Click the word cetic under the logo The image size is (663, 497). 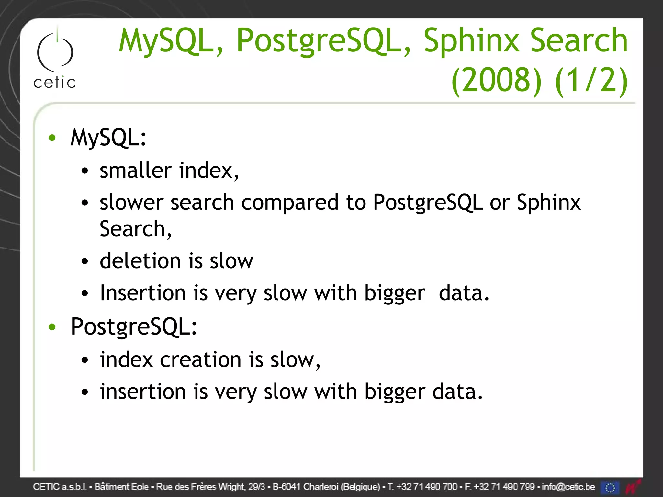coord(54,83)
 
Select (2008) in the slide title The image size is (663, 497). coord(496,81)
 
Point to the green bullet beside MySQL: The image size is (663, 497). coord(52,138)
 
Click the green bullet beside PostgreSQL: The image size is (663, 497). coord(52,327)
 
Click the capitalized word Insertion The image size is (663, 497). coord(143,293)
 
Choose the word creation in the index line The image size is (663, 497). coord(201,360)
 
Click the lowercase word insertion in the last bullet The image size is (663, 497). coord(143,392)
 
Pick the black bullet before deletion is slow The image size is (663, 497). coord(85,261)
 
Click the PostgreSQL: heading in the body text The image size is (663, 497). coord(134,327)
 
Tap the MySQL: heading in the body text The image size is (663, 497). coord(108,138)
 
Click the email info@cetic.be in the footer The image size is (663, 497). coord(568,487)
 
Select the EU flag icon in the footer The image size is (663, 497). coord(610,487)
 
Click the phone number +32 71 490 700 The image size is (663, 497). coord(427,487)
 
